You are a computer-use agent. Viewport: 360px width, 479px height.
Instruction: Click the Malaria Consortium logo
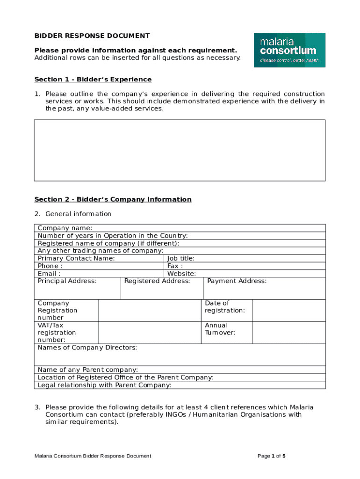click(289, 50)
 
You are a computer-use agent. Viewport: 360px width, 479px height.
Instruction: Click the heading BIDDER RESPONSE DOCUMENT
click(92, 36)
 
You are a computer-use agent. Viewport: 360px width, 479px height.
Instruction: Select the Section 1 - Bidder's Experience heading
click(93, 80)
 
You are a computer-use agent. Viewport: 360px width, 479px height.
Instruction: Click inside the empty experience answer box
click(180, 150)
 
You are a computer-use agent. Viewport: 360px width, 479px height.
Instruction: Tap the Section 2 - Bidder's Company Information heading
click(113, 199)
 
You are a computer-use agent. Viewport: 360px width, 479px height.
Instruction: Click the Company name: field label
click(65, 228)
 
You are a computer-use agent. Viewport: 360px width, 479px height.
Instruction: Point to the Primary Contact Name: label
click(76, 258)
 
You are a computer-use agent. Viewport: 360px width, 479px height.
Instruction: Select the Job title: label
click(181, 258)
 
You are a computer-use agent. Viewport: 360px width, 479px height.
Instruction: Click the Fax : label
click(175, 266)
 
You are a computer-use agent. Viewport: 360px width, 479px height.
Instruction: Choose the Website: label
click(181, 274)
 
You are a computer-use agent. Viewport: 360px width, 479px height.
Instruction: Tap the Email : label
click(49, 274)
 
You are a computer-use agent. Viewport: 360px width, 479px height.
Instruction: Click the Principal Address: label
click(67, 281)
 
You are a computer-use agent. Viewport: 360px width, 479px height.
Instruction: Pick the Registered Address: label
click(157, 281)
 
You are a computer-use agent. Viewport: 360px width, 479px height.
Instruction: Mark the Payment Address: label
click(237, 281)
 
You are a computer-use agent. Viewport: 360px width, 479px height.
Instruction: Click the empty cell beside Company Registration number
click(150, 311)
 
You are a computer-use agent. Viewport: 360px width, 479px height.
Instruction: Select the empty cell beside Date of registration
click(288, 311)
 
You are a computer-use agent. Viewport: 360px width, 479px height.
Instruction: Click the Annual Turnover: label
click(220, 329)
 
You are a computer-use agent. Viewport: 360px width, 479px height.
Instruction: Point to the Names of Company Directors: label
click(87, 348)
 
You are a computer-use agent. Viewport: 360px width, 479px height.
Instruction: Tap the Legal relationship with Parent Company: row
click(104, 385)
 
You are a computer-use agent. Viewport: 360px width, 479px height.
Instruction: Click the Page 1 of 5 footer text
click(272, 456)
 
